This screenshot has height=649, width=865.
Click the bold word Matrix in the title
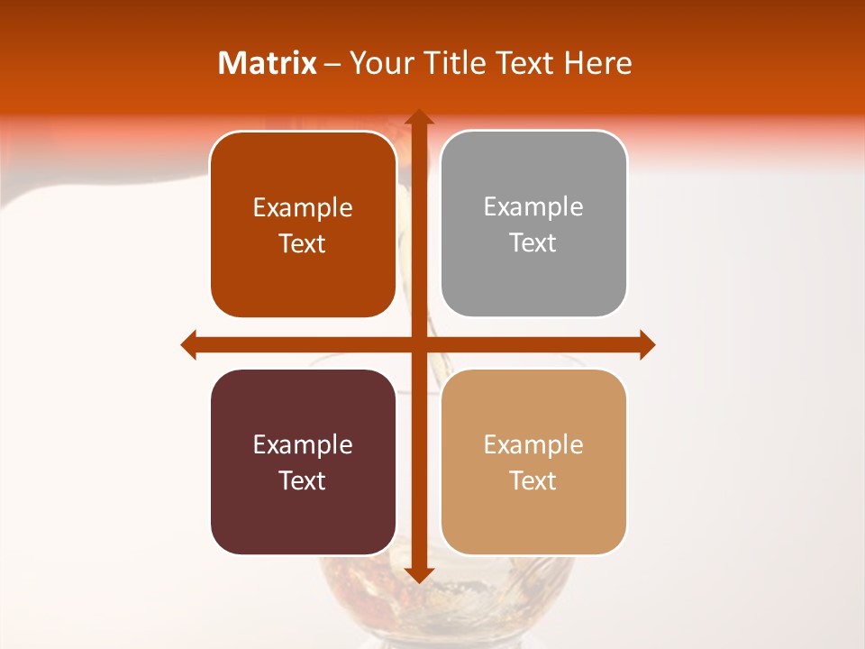(268, 63)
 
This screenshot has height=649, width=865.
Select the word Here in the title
(597, 63)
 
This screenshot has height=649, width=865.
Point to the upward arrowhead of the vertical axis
(418, 118)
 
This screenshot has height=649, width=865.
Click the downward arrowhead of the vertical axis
(418, 574)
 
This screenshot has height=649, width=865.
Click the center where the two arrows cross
(418, 344)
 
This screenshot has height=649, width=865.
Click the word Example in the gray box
(533, 207)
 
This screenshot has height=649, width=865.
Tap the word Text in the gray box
(533, 243)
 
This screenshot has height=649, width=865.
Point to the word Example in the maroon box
(303, 444)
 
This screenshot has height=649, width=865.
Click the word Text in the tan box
(533, 481)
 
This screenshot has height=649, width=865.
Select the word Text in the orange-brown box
(303, 244)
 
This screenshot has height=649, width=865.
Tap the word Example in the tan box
(533, 444)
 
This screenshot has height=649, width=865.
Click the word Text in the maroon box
(303, 481)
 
